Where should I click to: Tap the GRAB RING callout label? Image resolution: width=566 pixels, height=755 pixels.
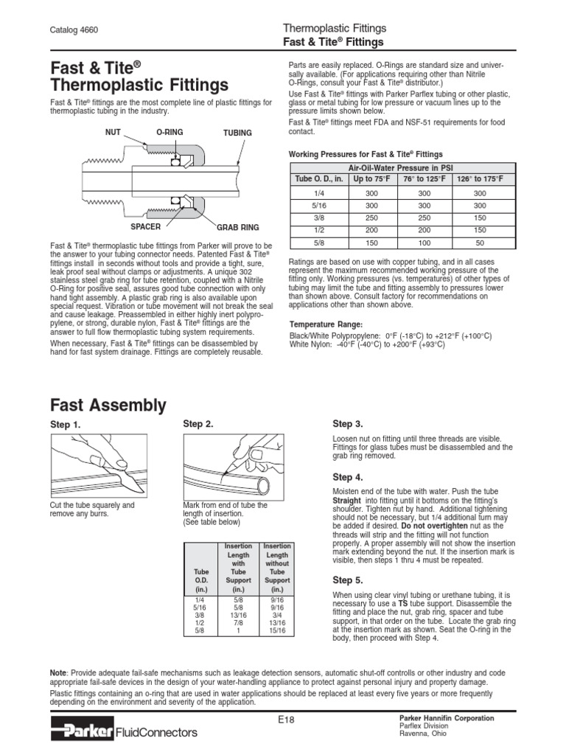[237, 228]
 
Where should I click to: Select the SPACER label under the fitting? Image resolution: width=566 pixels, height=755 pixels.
[145, 227]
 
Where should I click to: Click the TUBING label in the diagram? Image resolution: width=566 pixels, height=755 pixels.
[237, 133]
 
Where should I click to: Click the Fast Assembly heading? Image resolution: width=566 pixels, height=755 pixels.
[108, 406]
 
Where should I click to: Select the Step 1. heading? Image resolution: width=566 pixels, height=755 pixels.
[65, 425]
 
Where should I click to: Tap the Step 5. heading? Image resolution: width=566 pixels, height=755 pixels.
[348, 580]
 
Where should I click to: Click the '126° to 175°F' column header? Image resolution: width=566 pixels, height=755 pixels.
[480, 178]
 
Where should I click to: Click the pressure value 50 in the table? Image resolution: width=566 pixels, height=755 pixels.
[480, 242]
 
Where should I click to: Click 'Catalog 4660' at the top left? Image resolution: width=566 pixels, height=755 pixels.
[74, 29]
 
